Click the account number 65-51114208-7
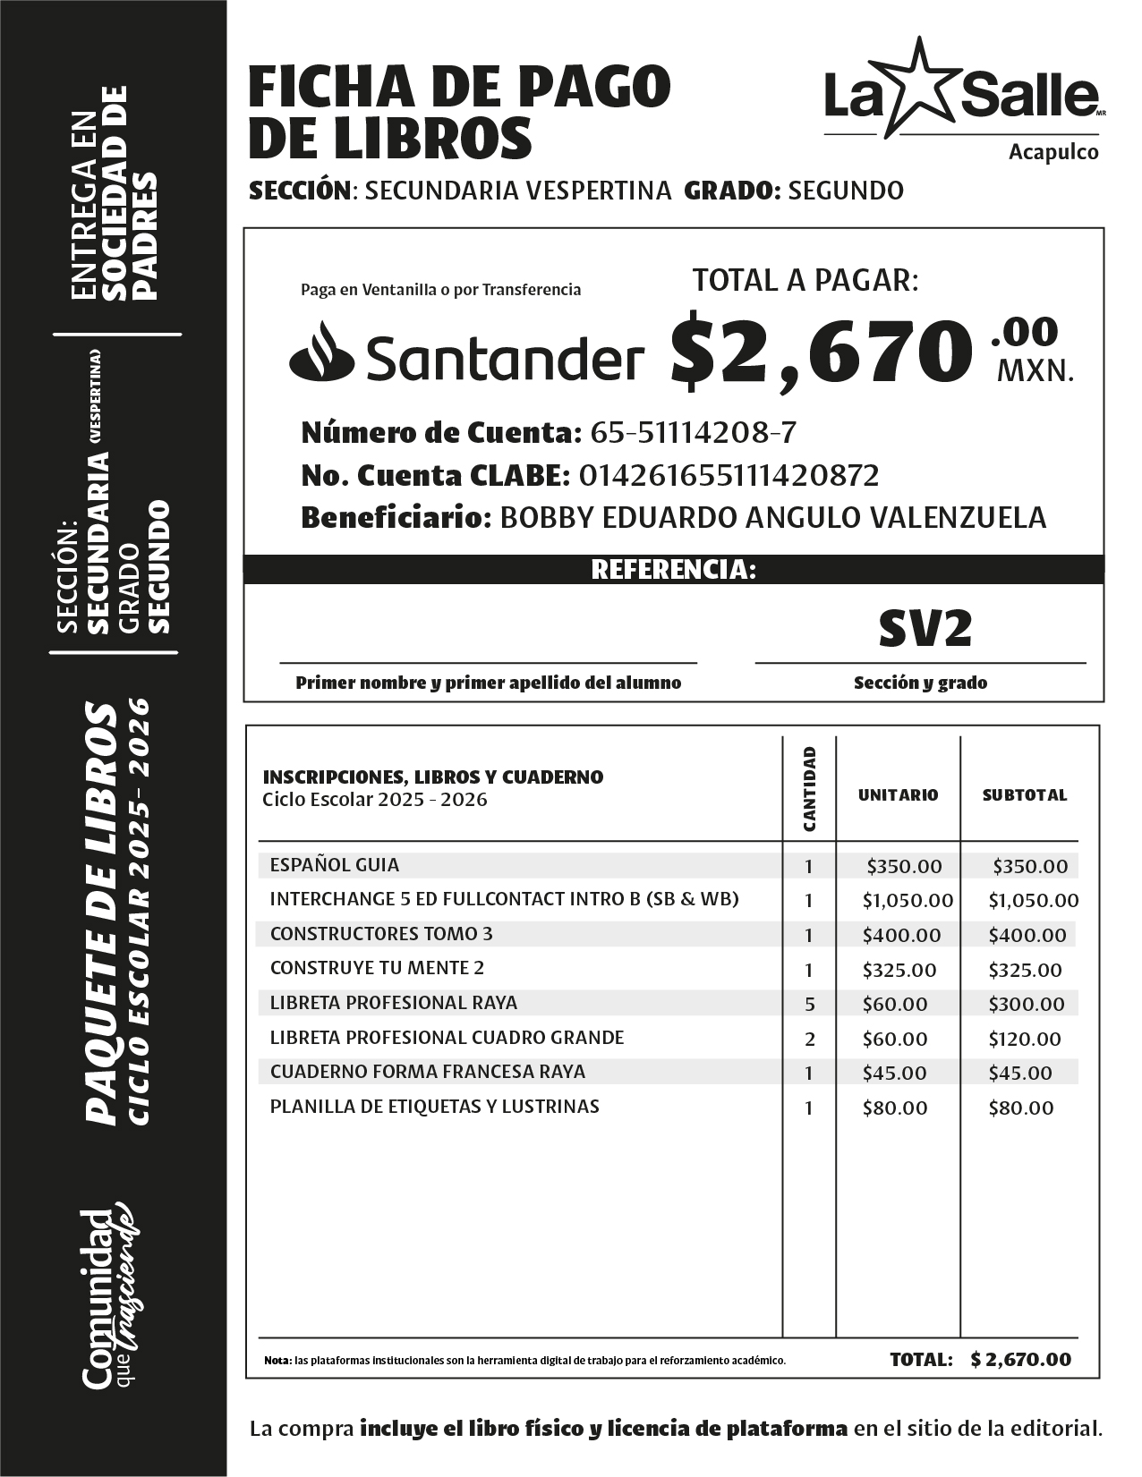pyautogui.click(x=693, y=433)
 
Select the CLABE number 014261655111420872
pyautogui.click(x=729, y=475)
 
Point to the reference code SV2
pyautogui.click(x=924, y=629)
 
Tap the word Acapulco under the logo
pyautogui.click(x=1053, y=152)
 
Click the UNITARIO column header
pyautogui.click(x=898, y=794)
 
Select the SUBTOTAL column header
pyautogui.click(x=1024, y=794)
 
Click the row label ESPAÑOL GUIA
pyautogui.click(x=335, y=865)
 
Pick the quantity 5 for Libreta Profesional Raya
pyautogui.click(x=809, y=1004)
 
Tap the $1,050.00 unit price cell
pyautogui.click(x=908, y=900)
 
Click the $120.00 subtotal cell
pyautogui.click(x=1024, y=1039)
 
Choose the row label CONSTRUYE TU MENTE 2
pyautogui.click(x=377, y=968)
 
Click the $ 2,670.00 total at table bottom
pyautogui.click(x=1019, y=1359)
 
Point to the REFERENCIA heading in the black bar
pyautogui.click(x=673, y=570)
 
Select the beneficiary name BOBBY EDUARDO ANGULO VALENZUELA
pyautogui.click(x=771, y=517)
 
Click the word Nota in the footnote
pyautogui.click(x=277, y=1361)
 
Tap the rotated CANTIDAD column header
pyautogui.click(x=809, y=789)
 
